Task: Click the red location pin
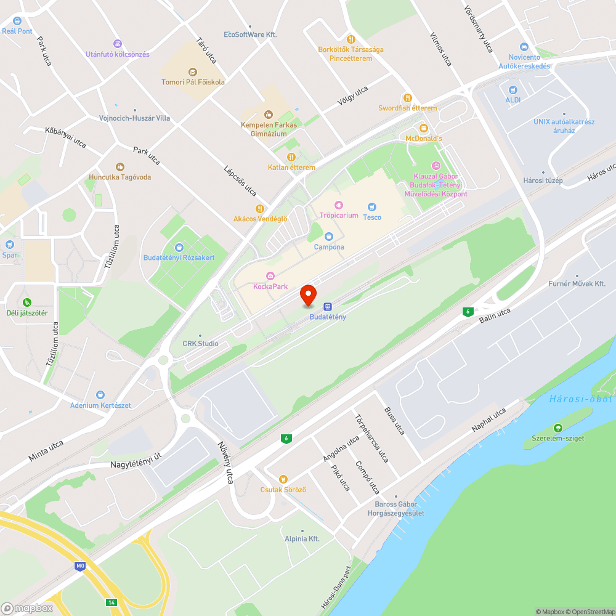[308, 295]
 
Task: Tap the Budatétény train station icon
[328, 306]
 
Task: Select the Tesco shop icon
[371, 207]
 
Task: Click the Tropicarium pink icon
[338, 205]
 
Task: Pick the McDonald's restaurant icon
[423, 128]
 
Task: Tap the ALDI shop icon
[513, 89]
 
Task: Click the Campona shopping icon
[329, 237]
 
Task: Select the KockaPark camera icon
[270, 276]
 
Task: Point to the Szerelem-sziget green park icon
[558, 428]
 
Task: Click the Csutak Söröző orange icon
[283, 479]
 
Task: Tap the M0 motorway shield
[79, 565]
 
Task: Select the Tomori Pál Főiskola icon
[192, 71]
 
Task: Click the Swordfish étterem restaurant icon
[407, 98]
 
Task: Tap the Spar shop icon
[10, 244]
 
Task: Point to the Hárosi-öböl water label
[581, 399]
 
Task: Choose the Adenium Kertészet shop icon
[100, 395]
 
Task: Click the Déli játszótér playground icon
[27, 302]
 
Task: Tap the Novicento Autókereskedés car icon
[524, 47]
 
